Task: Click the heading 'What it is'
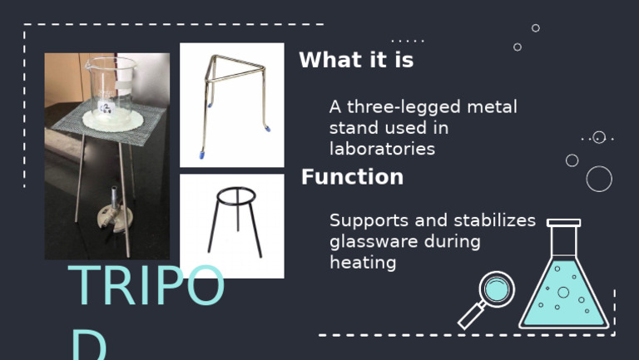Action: point(355,61)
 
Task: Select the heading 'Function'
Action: point(352,177)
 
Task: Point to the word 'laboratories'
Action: point(382,149)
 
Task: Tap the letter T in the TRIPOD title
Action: point(84,287)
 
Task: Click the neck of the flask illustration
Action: point(563,241)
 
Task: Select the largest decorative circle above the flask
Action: point(599,179)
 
